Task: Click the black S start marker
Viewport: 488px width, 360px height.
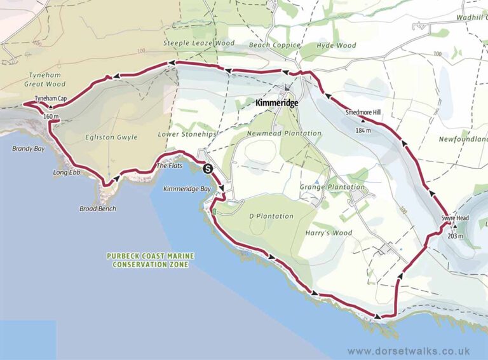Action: pyautogui.click(x=208, y=169)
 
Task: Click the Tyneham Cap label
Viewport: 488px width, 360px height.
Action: pyautogui.click(x=51, y=99)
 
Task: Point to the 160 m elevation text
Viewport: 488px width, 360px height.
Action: pyautogui.click(x=51, y=117)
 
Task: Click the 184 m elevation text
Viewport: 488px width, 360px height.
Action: pyautogui.click(x=363, y=130)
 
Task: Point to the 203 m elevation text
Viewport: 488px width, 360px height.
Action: pyautogui.click(x=456, y=236)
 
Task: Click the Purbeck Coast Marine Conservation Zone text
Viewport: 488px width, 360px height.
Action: pyautogui.click(x=151, y=260)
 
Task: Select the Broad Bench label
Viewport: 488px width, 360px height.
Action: pyautogui.click(x=98, y=209)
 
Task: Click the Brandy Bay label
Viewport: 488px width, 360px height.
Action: pyautogui.click(x=28, y=149)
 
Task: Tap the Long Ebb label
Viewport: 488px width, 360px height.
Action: pyautogui.click(x=65, y=173)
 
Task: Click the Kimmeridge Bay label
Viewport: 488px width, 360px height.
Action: pyautogui.click(x=187, y=189)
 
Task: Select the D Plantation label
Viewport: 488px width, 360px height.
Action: pyautogui.click(x=271, y=216)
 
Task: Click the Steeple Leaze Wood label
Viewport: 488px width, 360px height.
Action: pyautogui.click(x=199, y=43)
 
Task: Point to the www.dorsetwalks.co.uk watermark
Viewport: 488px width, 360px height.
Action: pyautogui.click(x=409, y=350)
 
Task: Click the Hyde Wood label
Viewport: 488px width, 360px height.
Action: pyautogui.click(x=337, y=46)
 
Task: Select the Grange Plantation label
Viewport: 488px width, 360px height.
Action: pyautogui.click(x=332, y=187)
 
